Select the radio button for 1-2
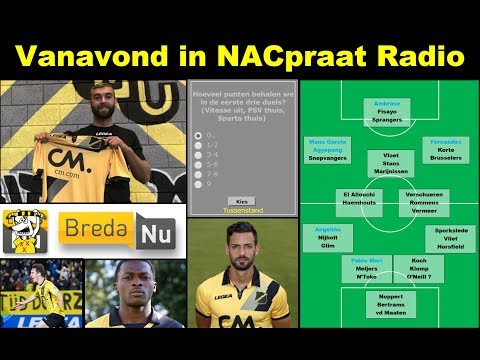[199, 144]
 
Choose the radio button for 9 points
[199, 183]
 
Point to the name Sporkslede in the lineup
[449, 230]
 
